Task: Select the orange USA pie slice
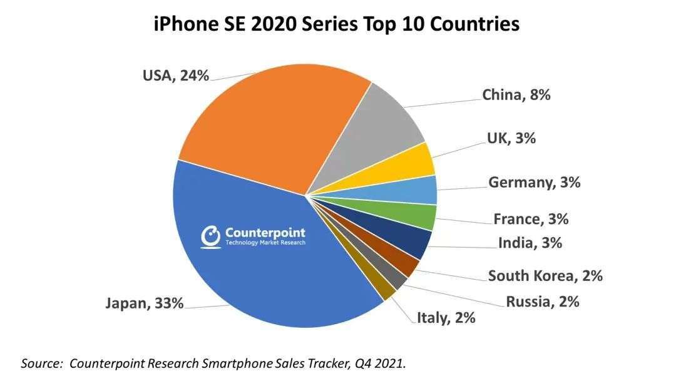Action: pyautogui.click(x=269, y=125)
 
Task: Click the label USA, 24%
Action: pyautogui.click(x=175, y=76)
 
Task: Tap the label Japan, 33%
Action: pyautogui.click(x=145, y=303)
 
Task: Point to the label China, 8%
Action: pyautogui.click(x=516, y=95)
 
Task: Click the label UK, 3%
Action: pyautogui.click(x=511, y=138)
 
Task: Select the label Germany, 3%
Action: pyautogui.click(x=534, y=183)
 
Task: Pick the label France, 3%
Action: pyautogui.click(x=530, y=219)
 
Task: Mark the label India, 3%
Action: pyautogui.click(x=530, y=243)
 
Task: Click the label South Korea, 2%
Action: pyautogui.click(x=545, y=275)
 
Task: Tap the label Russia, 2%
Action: pyautogui.click(x=542, y=302)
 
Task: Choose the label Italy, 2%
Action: pyautogui.click(x=446, y=318)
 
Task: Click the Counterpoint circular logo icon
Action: pyautogui.click(x=211, y=236)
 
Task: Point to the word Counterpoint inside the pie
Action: pyautogui.click(x=265, y=232)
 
